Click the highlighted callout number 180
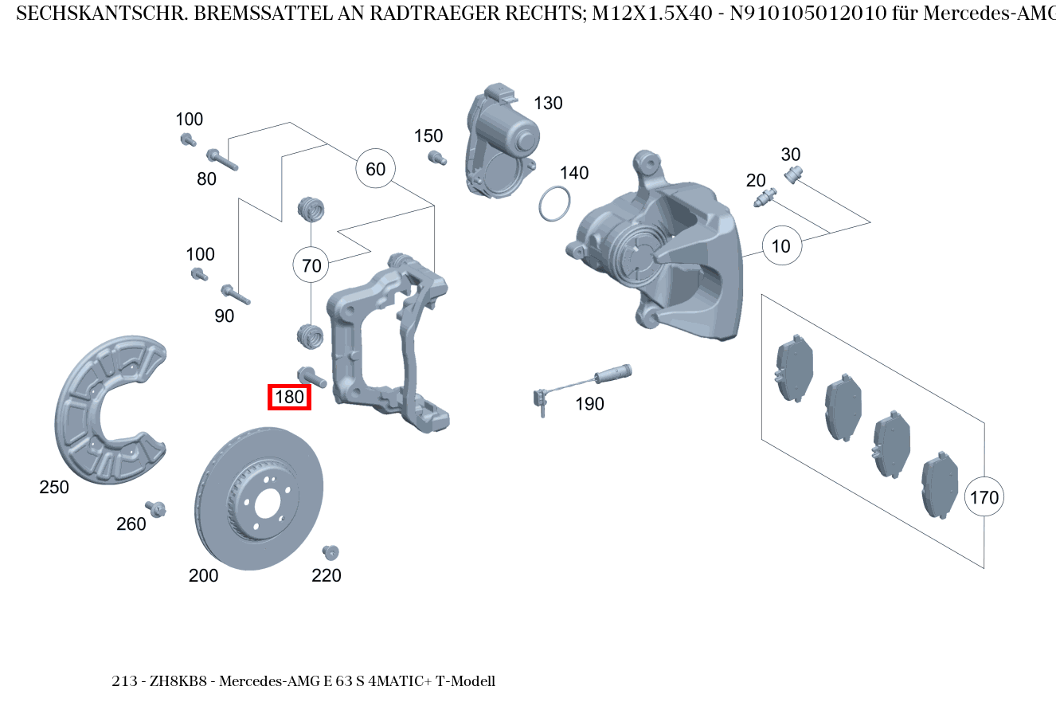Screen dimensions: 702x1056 tap(289, 396)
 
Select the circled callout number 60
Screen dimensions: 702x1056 tap(375, 169)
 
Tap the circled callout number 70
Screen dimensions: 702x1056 tap(312, 265)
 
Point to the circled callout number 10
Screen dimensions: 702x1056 tap(781, 246)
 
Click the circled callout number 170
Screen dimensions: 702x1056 tap(984, 497)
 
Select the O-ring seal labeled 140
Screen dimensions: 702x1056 tap(554, 203)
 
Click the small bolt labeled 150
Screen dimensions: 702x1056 tap(435, 157)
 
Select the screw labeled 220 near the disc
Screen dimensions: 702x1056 tap(330, 551)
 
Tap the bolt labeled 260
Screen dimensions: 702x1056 tap(156, 508)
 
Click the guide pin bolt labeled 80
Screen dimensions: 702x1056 tap(222, 159)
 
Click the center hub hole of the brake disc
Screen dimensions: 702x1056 tap(267, 503)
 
